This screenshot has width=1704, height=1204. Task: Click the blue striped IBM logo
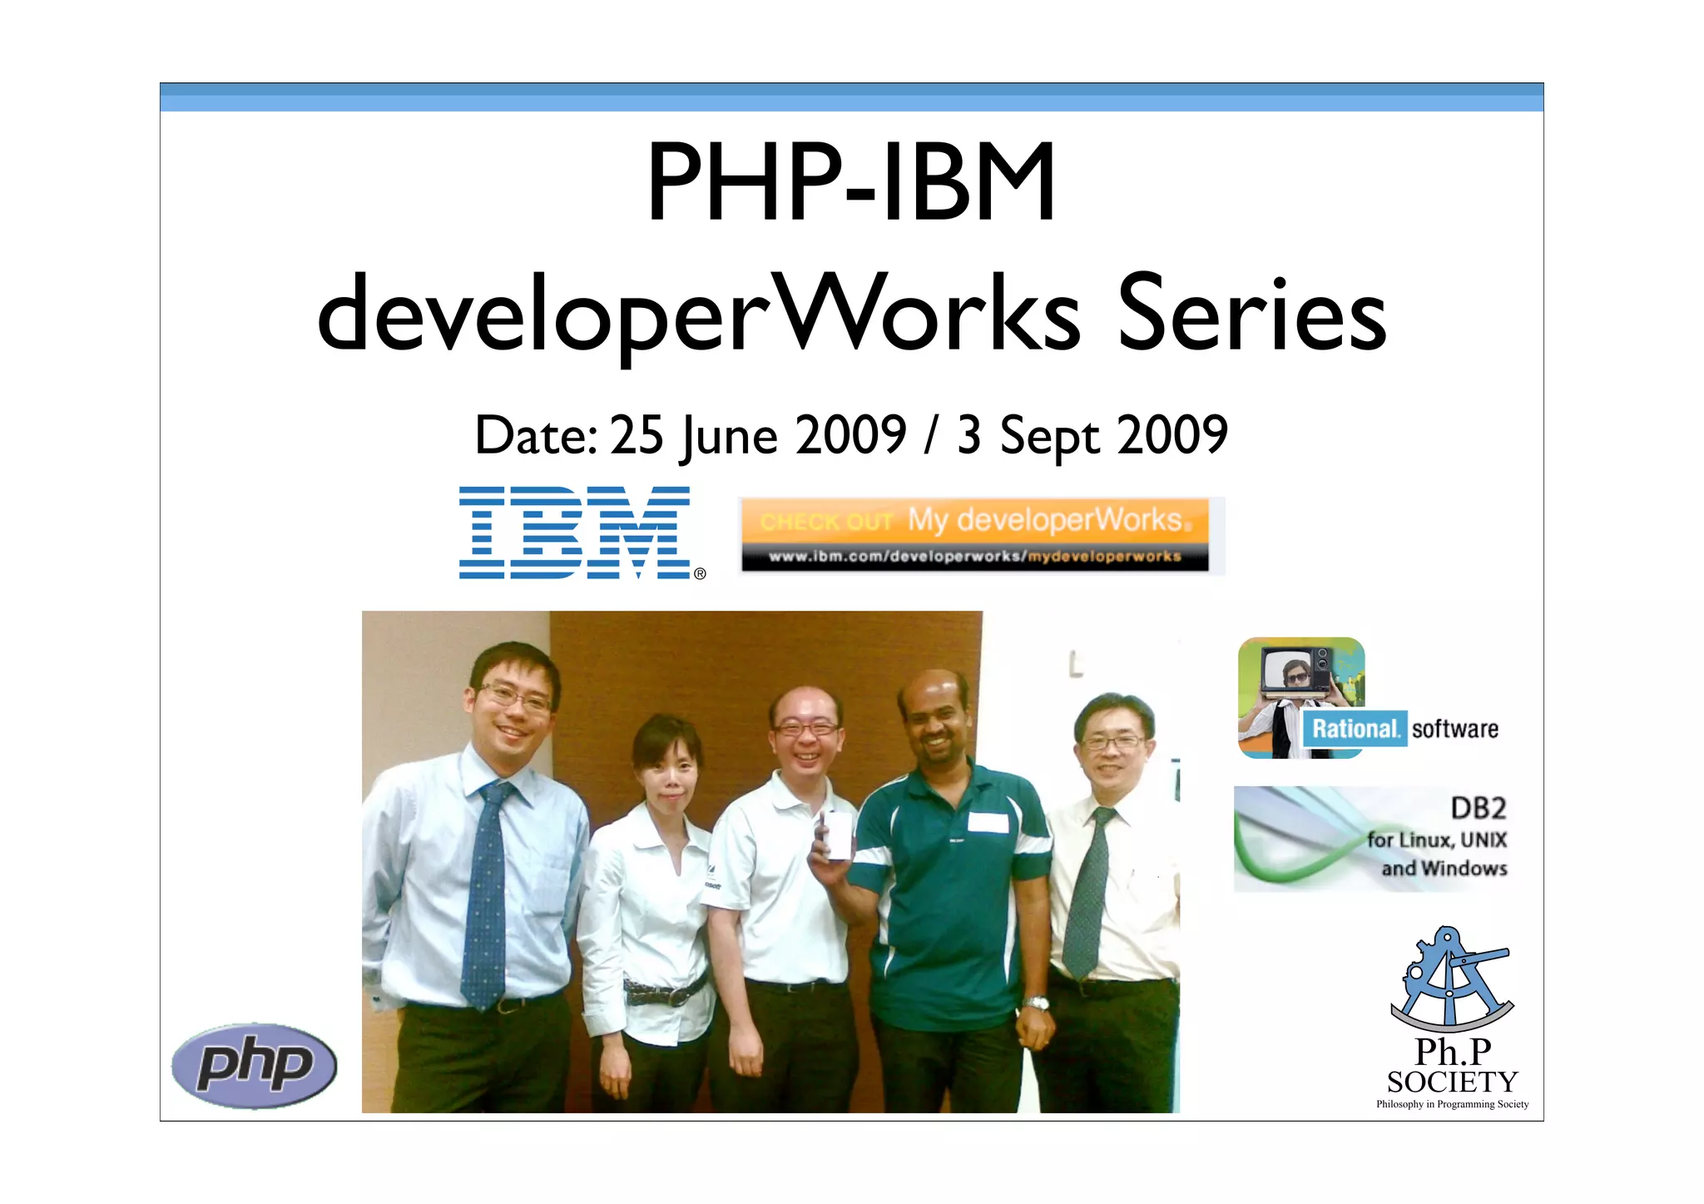point(574,533)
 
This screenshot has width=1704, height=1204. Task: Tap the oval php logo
point(254,1065)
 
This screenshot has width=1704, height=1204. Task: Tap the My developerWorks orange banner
point(973,521)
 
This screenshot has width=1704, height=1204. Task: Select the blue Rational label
point(1354,729)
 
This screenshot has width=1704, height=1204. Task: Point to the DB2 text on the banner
point(1478,808)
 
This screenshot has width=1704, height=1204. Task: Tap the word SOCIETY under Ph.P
point(1452,1082)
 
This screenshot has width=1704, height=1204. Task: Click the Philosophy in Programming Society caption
point(1452,1104)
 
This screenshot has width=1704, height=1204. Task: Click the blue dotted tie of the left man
point(485,899)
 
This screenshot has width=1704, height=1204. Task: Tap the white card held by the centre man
point(837,835)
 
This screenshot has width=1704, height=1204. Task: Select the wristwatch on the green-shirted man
point(1036,1003)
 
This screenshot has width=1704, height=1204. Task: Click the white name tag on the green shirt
point(988,822)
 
